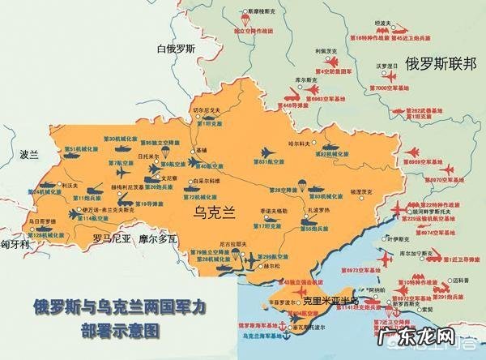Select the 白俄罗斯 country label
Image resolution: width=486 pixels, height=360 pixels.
pos(177,49)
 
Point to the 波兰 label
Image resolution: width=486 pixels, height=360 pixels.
pos(29,153)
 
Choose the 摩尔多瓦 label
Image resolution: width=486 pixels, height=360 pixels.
pos(156,239)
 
